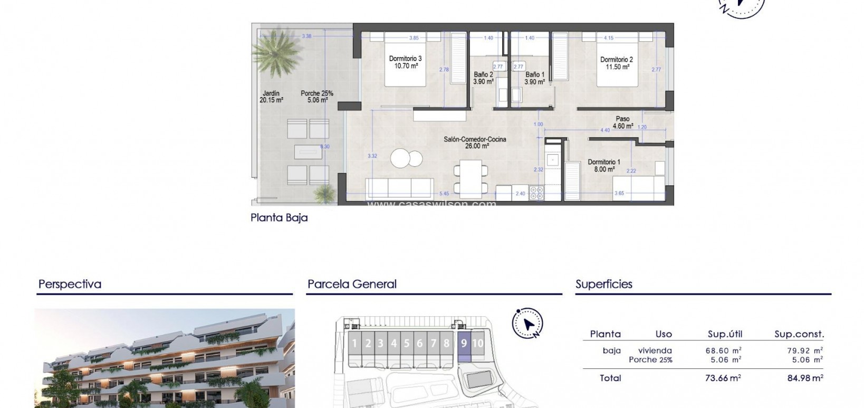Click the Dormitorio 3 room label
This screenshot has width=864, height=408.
tap(405, 62)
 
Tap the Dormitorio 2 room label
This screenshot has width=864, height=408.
tap(616, 63)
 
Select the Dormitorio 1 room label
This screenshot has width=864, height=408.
tap(604, 166)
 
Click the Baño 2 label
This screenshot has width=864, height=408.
tap(483, 78)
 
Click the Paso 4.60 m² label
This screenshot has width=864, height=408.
tap(622, 122)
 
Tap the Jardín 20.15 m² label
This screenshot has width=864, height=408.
tap(271, 97)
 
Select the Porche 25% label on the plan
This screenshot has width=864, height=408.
tap(317, 97)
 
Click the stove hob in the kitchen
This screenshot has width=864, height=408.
tap(536, 194)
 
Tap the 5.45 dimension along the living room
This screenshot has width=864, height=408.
tap(444, 194)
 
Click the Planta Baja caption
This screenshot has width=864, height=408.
tap(279, 217)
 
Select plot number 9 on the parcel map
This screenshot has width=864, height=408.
tap(464, 344)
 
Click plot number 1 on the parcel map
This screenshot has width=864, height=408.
tap(354, 344)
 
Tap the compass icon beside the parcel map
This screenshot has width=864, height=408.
tap(527, 323)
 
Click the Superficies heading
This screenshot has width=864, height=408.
tap(603, 284)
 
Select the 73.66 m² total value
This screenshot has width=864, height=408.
tap(723, 378)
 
